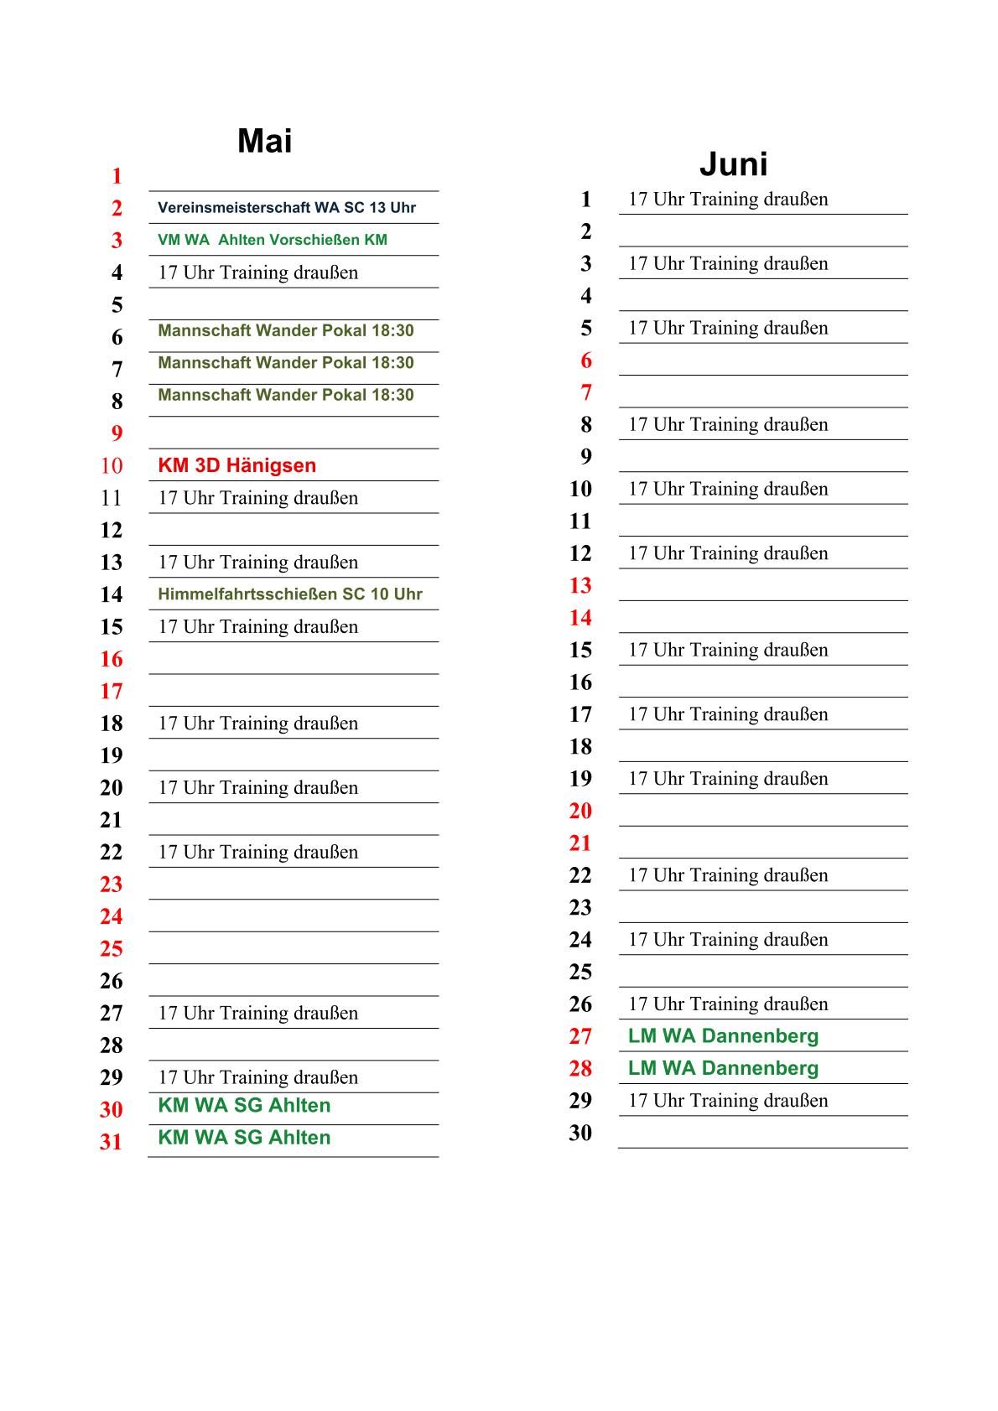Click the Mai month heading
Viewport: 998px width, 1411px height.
click(x=264, y=141)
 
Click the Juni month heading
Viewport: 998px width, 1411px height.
click(x=733, y=164)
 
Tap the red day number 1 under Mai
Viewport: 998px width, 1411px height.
click(x=117, y=177)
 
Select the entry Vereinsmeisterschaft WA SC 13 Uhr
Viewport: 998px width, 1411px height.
click(x=286, y=208)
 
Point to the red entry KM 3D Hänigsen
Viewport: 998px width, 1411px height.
click(x=237, y=465)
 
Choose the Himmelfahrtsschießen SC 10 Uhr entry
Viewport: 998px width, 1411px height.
click(x=289, y=594)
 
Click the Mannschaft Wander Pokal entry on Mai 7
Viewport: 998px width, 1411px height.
click(x=285, y=363)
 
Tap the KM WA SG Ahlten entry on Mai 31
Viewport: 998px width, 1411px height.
click(x=244, y=1138)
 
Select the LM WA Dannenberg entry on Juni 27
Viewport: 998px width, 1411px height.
click(x=723, y=1036)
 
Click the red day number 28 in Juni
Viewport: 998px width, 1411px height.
click(x=580, y=1069)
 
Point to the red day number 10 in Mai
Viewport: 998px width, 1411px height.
click(x=112, y=466)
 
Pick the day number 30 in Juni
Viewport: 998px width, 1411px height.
click(x=580, y=1133)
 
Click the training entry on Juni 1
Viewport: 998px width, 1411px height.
click(x=728, y=200)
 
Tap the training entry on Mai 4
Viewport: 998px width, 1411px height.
click(x=257, y=272)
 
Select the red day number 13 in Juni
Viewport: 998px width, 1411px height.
click(x=580, y=586)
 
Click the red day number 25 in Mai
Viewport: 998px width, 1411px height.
click(x=112, y=949)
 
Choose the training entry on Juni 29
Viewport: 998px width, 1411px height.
click(x=728, y=1101)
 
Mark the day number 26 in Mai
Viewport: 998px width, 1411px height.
click(x=112, y=982)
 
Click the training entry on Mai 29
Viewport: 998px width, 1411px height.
click(x=257, y=1077)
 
